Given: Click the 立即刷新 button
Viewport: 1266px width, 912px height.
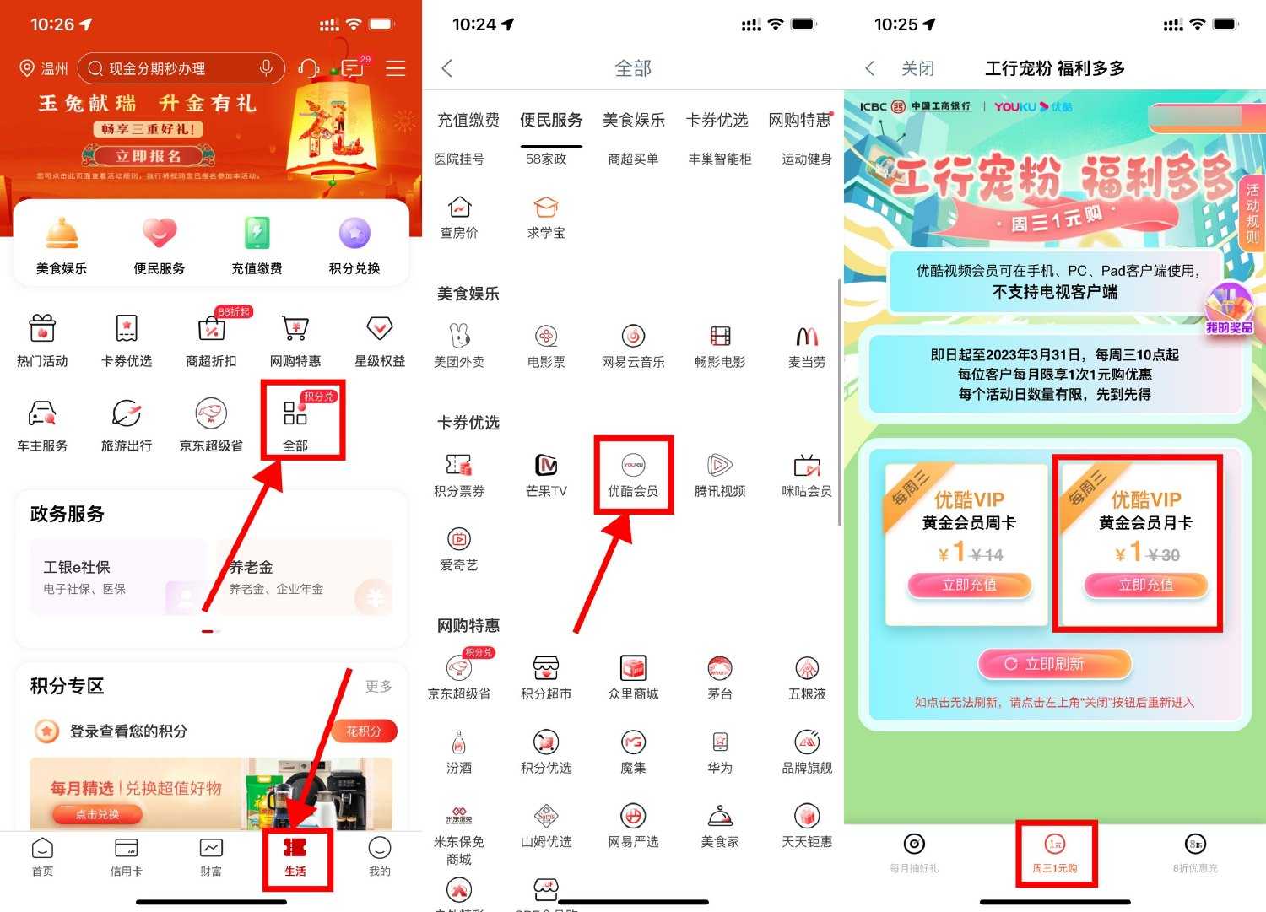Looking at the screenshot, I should tap(1054, 664).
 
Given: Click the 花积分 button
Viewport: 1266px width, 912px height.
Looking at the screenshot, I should tap(364, 731).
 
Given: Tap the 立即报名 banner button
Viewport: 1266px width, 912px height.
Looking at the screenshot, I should tap(149, 156).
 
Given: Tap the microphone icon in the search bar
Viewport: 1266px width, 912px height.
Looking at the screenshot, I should tap(266, 68).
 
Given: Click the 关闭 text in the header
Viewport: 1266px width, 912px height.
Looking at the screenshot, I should tap(917, 68).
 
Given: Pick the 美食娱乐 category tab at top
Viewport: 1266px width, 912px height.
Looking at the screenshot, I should tap(633, 120).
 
